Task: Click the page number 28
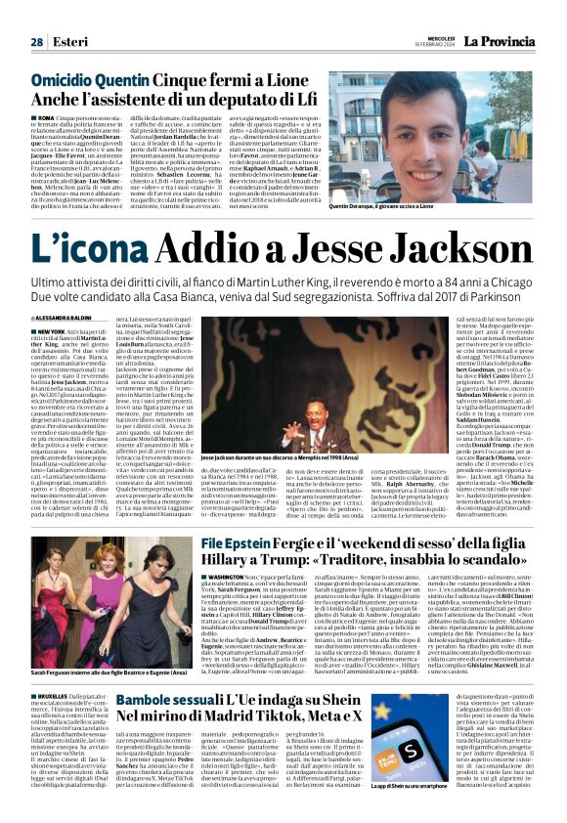point(36,42)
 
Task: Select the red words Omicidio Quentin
point(83,77)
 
